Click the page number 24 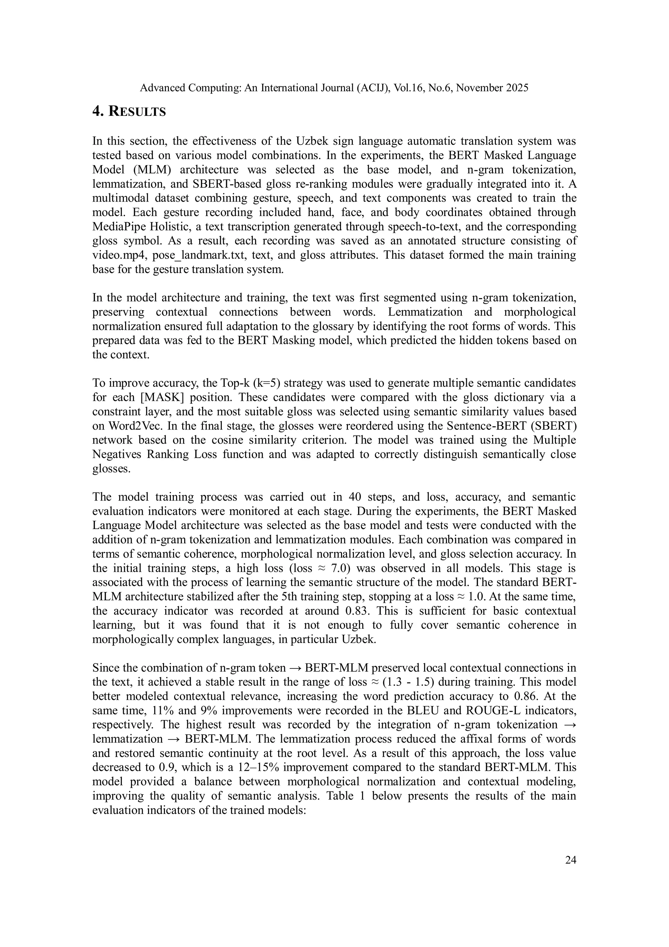point(570,860)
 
